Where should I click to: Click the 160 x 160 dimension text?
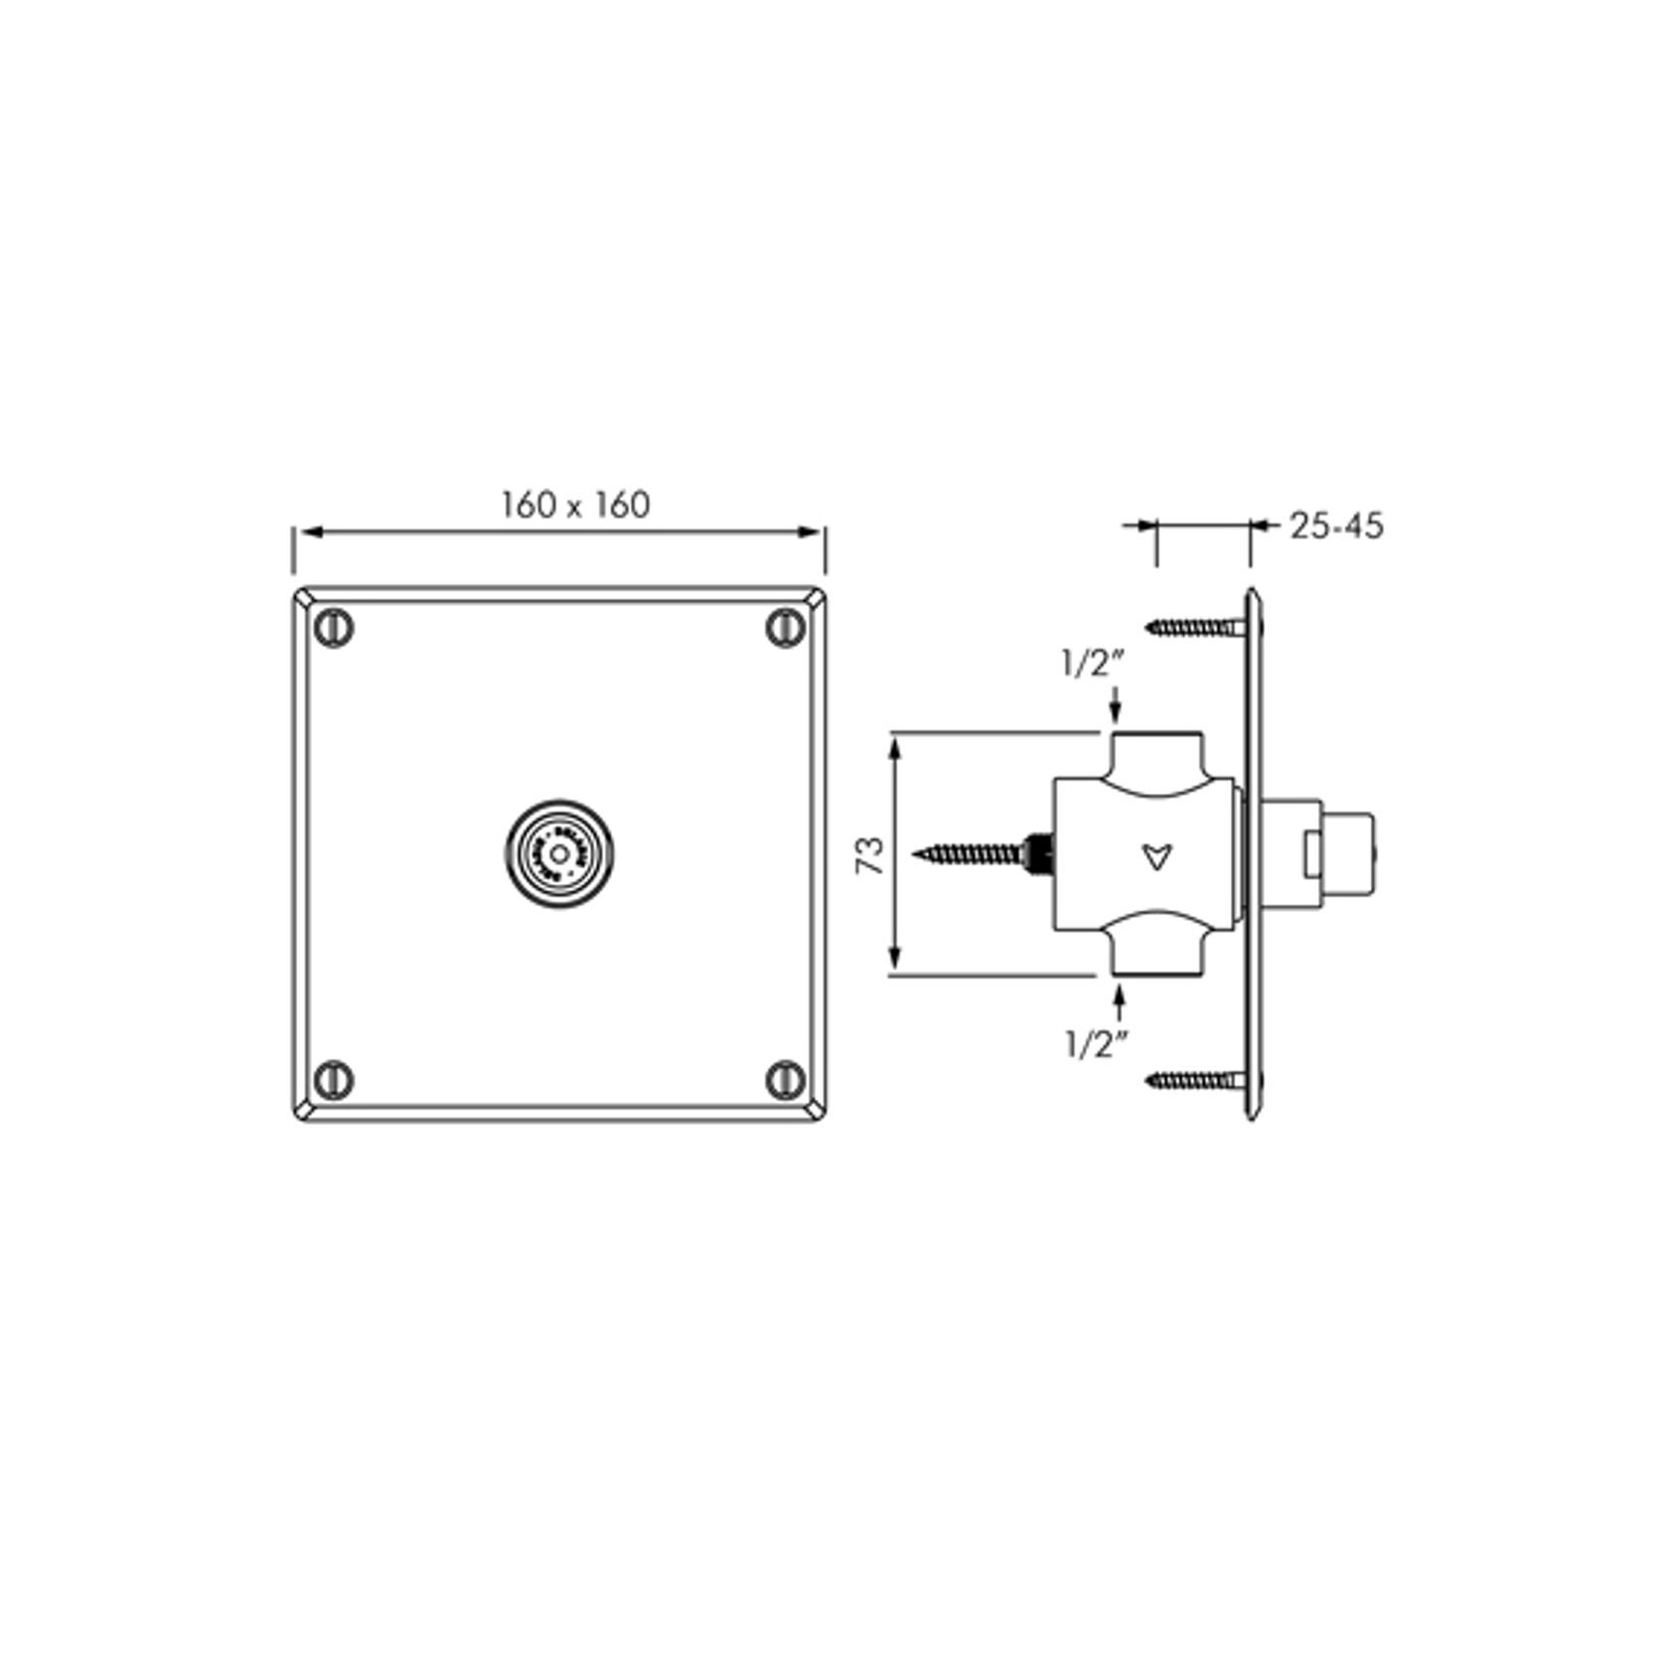coord(575,505)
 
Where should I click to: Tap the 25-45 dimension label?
coord(1335,527)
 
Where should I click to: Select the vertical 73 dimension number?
coord(871,854)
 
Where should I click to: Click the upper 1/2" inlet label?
coord(1089,665)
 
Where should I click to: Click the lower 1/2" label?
coord(1097,1045)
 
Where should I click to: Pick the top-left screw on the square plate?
coord(334,629)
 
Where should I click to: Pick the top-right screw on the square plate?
coord(786,629)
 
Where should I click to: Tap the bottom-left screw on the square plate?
coord(334,1079)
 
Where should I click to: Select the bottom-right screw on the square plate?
coord(786,1079)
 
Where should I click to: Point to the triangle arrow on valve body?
coord(1156,855)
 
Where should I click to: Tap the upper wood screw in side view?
coord(1192,627)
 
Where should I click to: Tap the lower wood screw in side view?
coord(1192,1079)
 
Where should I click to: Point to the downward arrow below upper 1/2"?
coord(1116,706)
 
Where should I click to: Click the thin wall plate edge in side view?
coord(1254,854)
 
